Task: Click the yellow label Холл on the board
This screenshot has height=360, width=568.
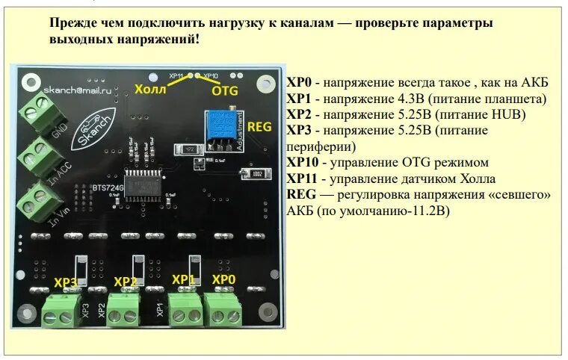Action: (150, 90)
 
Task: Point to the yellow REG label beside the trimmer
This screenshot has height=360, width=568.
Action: (259, 128)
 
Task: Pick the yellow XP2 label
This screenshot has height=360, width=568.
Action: (125, 282)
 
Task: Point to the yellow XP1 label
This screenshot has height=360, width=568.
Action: (183, 279)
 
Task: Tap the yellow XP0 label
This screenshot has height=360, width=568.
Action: (223, 279)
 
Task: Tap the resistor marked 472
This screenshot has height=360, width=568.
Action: (191, 149)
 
